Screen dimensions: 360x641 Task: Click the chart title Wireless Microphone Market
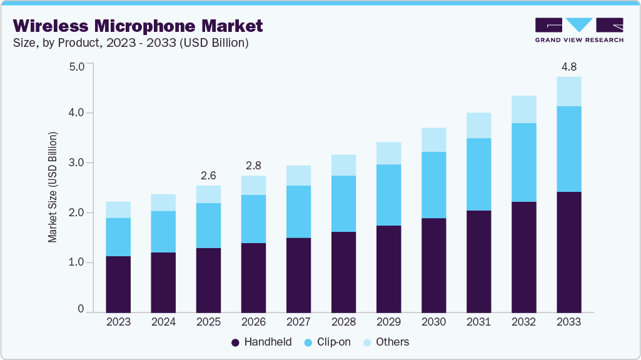click(x=138, y=26)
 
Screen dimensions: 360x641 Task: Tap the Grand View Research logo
click(x=578, y=30)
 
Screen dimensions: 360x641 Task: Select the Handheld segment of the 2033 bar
click(x=568, y=252)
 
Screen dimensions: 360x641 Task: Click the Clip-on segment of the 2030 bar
click(x=433, y=185)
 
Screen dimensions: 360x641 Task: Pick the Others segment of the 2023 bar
click(x=118, y=210)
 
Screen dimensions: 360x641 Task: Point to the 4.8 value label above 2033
click(x=568, y=66)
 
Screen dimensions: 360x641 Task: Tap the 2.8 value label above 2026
click(x=253, y=165)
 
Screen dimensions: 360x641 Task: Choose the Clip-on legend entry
click(x=328, y=342)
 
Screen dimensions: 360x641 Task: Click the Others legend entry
click(x=386, y=342)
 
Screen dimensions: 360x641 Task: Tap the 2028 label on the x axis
click(x=343, y=322)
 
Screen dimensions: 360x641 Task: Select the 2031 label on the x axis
click(x=478, y=322)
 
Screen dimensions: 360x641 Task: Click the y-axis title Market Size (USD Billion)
click(x=53, y=187)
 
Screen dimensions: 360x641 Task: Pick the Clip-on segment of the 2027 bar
click(x=298, y=212)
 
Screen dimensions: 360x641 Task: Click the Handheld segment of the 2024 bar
click(x=163, y=282)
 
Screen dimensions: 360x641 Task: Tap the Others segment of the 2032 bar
click(x=523, y=109)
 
